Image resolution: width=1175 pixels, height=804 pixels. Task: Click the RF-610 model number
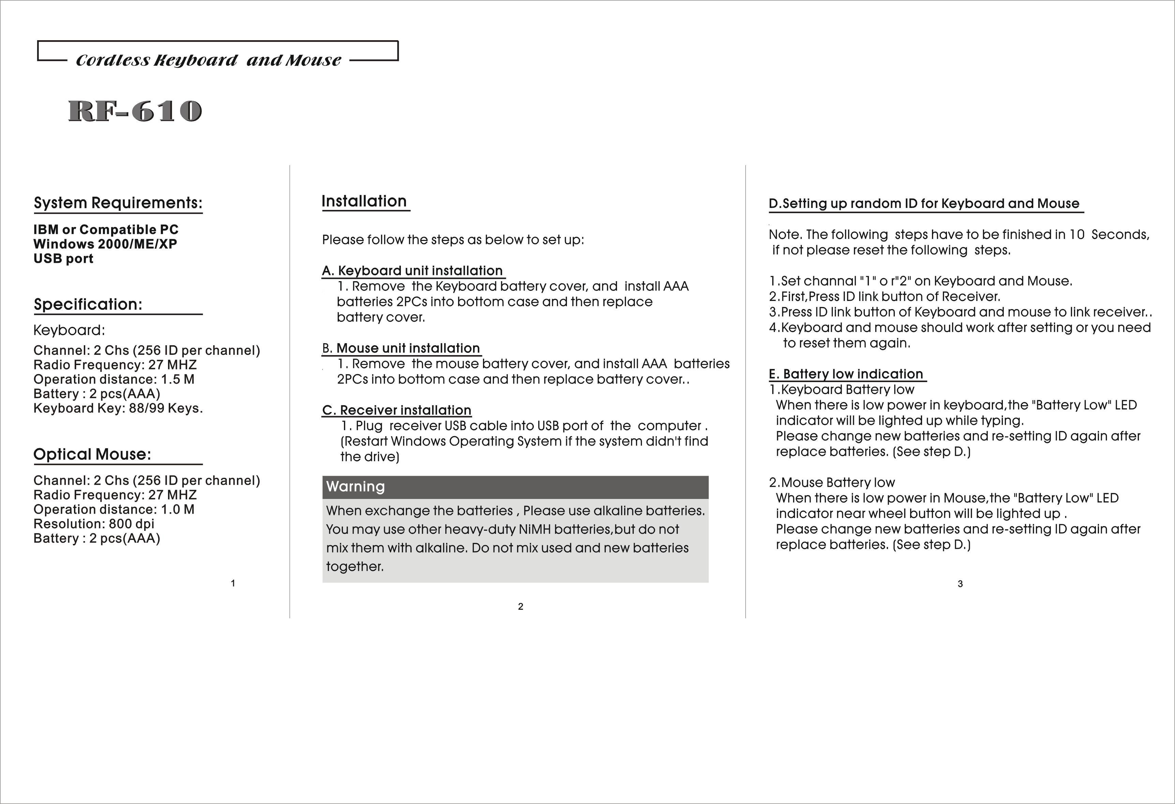pyautogui.click(x=135, y=111)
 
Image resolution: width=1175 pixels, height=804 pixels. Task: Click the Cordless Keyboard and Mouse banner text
pyautogui.click(x=208, y=60)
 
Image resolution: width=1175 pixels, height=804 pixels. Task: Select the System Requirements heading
pyautogui.click(x=118, y=203)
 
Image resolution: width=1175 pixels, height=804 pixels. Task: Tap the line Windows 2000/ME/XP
pyautogui.click(x=105, y=244)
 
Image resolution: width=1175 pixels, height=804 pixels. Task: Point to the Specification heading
pyautogui.click(x=88, y=304)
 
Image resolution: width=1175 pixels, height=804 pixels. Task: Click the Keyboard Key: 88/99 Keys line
pyautogui.click(x=118, y=409)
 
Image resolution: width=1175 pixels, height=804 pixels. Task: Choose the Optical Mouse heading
pyautogui.click(x=92, y=454)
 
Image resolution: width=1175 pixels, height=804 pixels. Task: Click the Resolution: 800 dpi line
pyautogui.click(x=93, y=524)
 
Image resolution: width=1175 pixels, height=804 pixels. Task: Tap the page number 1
pyautogui.click(x=232, y=583)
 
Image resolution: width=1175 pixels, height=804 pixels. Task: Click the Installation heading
pyautogui.click(x=364, y=201)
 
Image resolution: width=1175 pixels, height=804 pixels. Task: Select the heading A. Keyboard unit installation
pyautogui.click(x=412, y=271)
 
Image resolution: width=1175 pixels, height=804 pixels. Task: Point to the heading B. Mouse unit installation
pyautogui.click(x=401, y=348)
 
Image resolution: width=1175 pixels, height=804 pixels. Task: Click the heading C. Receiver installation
pyautogui.click(x=397, y=410)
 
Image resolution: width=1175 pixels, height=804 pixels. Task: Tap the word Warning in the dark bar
pyautogui.click(x=356, y=486)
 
